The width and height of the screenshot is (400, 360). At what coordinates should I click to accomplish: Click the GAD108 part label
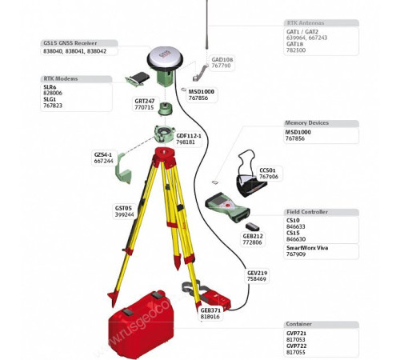[222, 59]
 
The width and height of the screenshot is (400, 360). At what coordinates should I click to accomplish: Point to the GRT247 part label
[144, 101]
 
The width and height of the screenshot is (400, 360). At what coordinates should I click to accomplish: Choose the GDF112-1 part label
[189, 135]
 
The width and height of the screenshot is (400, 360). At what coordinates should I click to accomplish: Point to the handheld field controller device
[223, 210]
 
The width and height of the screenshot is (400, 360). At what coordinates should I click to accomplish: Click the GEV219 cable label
[258, 273]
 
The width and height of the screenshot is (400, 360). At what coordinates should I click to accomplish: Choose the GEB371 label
[210, 310]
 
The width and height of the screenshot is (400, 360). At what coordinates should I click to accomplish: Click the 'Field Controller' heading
[309, 212]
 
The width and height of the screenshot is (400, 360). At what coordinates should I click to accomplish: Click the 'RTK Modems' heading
[66, 78]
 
